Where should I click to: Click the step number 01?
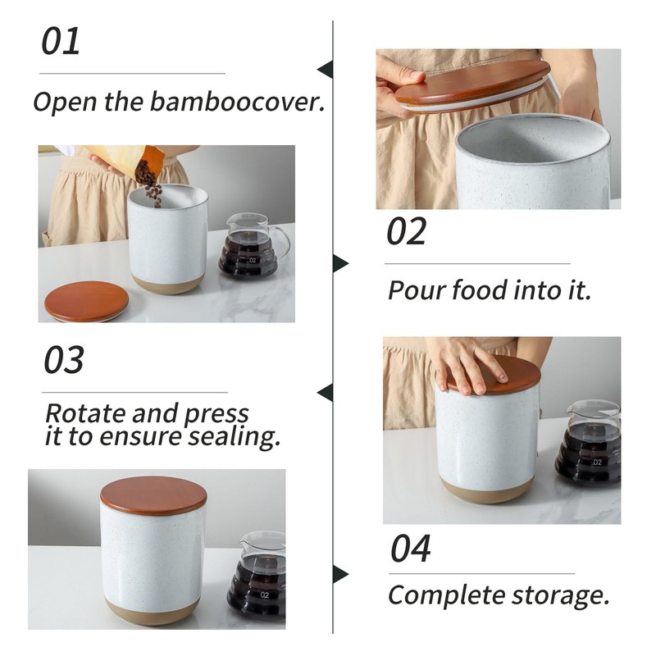point(61,40)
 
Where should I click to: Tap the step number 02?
point(406,231)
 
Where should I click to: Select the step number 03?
point(64,360)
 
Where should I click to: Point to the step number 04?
point(411,549)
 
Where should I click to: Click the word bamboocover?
point(238,102)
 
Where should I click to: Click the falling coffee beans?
point(149,183)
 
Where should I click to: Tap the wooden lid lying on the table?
point(87,301)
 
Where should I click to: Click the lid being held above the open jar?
point(472,87)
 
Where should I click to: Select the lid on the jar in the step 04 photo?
point(153,495)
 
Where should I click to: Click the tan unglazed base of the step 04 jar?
point(153,611)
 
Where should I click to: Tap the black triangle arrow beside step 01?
point(325,70)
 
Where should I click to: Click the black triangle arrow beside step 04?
point(340,574)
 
